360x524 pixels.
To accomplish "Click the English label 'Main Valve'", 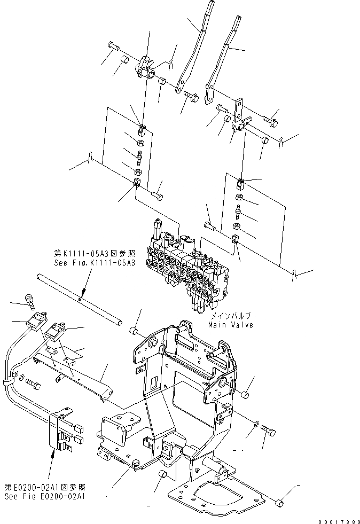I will [x=231, y=325].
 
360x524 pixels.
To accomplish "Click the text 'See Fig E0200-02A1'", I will [x=46, y=496].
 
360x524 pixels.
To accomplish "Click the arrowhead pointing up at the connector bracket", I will [x=52, y=453].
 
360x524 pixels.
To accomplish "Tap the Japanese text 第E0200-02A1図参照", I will [x=46, y=488].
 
